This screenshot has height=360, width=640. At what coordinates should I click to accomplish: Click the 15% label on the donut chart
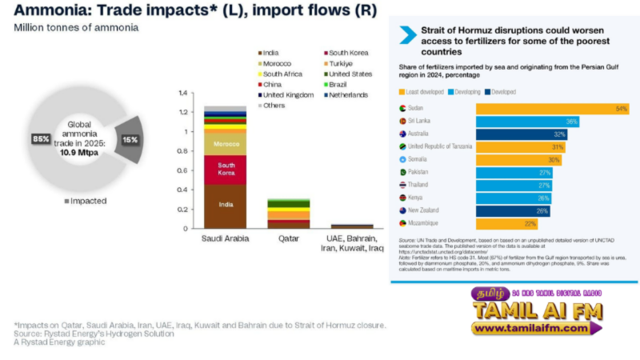point(130,139)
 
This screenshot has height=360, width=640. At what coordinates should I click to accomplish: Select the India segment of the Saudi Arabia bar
point(225,205)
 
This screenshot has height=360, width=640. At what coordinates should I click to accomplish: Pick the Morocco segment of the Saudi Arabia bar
point(225,144)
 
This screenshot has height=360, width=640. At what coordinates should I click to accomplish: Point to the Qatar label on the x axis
point(289,238)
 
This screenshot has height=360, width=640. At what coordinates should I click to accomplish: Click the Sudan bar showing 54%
point(552,108)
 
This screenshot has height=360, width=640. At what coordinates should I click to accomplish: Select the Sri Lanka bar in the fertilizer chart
point(528,122)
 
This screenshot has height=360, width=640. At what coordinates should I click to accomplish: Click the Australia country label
point(423,134)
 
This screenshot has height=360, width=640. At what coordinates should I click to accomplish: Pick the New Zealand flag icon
point(402,210)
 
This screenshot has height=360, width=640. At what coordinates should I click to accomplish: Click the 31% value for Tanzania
point(558,147)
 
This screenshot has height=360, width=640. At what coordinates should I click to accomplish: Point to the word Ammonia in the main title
point(41,11)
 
